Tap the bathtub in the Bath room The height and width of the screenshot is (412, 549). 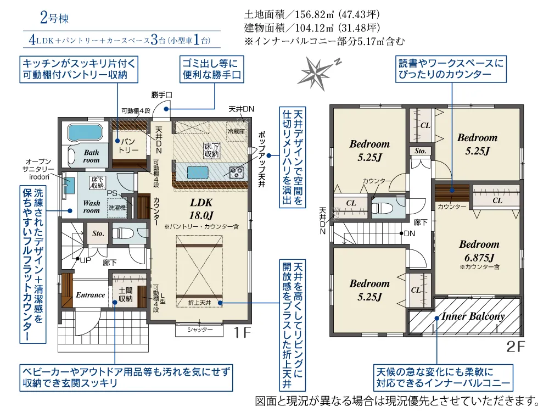pos(85,132)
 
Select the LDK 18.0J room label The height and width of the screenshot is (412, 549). pos(201,209)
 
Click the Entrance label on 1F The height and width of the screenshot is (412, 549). pos(91,295)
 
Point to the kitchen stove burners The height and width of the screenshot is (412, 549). pos(236,172)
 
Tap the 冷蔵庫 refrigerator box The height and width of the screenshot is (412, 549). pos(236,132)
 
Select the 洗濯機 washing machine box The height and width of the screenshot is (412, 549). pos(117,208)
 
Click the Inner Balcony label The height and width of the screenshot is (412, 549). pos(473,316)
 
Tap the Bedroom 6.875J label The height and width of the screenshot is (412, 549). pos(479,251)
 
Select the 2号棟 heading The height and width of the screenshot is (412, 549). pos(54,18)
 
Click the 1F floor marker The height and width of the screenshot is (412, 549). pos(242,332)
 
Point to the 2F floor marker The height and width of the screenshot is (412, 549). pos(516,347)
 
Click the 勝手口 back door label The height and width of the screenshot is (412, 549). pos(162,94)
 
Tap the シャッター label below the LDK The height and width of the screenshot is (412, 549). pos(200,330)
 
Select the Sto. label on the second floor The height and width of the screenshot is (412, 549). pos(420,151)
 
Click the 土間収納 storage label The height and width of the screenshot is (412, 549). pos(125,294)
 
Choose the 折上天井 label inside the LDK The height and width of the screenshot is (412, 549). pos(200,302)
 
